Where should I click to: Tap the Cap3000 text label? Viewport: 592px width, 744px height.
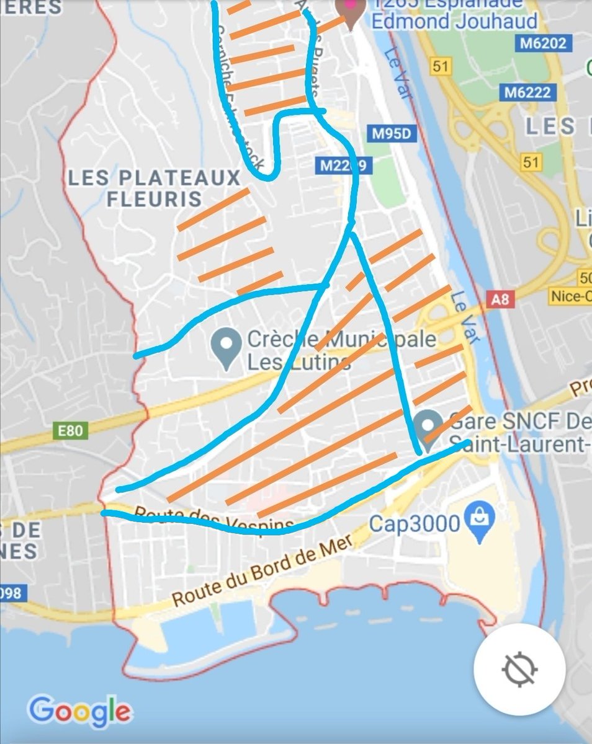pyautogui.click(x=415, y=524)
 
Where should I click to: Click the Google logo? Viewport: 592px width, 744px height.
pyautogui.click(x=79, y=711)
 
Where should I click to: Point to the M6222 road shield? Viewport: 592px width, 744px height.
pyautogui.click(x=527, y=92)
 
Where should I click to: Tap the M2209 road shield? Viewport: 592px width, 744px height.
pyautogui.click(x=342, y=166)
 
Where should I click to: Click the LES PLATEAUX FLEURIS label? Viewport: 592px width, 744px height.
pyautogui.click(x=154, y=188)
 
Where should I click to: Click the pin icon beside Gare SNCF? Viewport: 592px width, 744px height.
pyautogui.click(x=428, y=427)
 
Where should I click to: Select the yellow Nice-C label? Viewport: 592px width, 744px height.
pyautogui.click(x=570, y=296)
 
